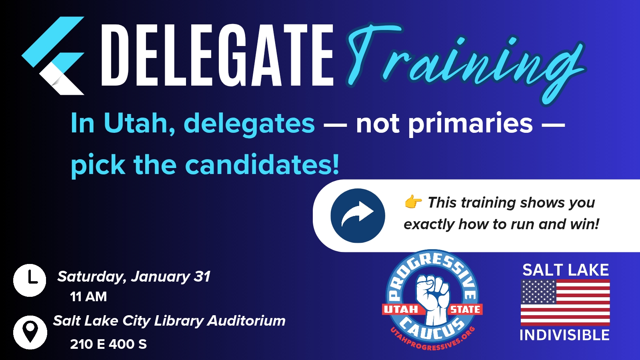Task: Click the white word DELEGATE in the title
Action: pyautogui.click(x=217, y=55)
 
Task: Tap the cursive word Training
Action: pyautogui.click(x=466, y=62)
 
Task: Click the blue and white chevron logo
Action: pyautogui.click(x=53, y=56)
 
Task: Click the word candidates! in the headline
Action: pyautogui.click(x=262, y=164)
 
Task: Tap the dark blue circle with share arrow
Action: pyautogui.click(x=358, y=216)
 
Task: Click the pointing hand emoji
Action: pyautogui.click(x=413, y=202)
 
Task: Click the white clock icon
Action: pyautogui.click(x=30, y=280)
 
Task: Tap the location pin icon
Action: pyautogui.click(x=30, y=332)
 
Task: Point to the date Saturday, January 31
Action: pyautogui.click(x=134, y=276)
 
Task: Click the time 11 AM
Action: pyautogui.click(x=88, y=296)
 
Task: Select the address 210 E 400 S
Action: pyautogui.click(x=108, y=344)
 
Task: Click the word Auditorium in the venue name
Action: pyautogui.click(x=246, y=320)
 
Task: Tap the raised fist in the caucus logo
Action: pyautogui.click(x=432, y=299)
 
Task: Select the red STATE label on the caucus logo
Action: pyautogui.click(x=465, y=309)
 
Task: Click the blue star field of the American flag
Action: pyautogui.click(x=538, y=292)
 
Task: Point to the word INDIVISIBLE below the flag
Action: pyautogui.click(x=564, y=335)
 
